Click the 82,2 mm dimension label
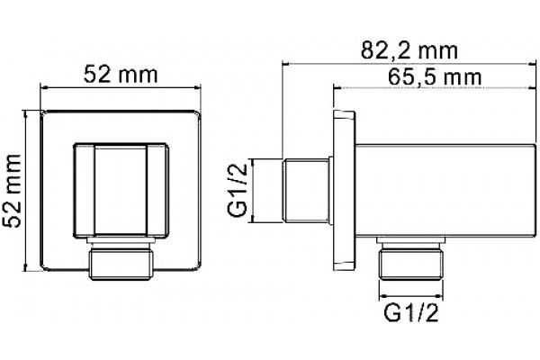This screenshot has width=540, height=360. tap(409, 51)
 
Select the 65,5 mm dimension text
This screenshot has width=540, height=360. tap(435, 77)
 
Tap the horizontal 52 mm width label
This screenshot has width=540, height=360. tap(121, 75)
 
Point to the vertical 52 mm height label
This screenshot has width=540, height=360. tap(12, 191)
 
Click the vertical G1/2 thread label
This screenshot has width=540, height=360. tap(238, 190)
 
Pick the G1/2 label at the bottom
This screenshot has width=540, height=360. tap(411, 313)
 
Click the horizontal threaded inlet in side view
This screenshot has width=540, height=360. tap(305, 190)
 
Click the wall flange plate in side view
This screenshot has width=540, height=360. tap(344, 190)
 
